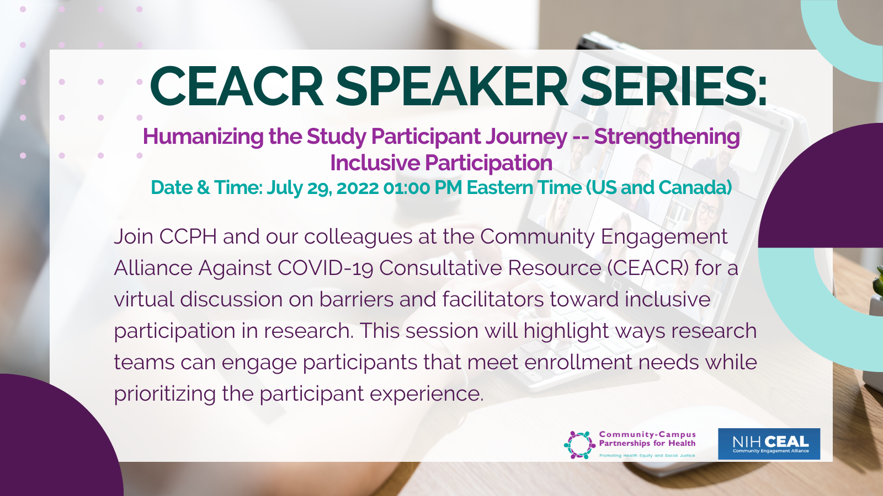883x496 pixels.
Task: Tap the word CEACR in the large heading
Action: [x=237, y=86]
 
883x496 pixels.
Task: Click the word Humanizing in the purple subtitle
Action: [x=204, y=137]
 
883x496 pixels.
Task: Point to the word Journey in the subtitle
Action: [x=526, y=137]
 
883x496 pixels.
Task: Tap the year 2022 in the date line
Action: [x=358, y=188]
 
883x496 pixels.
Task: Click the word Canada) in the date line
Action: [x=695, y=187]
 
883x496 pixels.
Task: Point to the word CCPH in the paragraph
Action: [x=188, y=236]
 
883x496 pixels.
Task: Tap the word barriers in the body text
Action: [x=357, y=299]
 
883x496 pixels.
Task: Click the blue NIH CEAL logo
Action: [x=769, y=444]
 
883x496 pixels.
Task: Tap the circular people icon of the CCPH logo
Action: [x=579, y=445]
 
